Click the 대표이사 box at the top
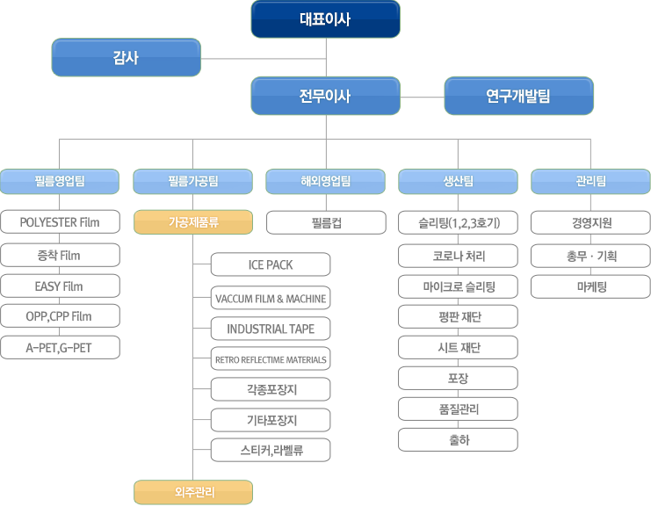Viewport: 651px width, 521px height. coord(325,19)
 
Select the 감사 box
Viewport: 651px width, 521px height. coord(126,58)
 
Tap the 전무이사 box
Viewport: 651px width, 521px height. coord(325,96)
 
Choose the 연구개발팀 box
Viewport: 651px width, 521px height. coord(518,96)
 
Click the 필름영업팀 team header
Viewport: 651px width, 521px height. coord(60,182)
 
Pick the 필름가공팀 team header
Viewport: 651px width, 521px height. coord(192,182)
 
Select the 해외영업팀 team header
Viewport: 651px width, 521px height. coord(325,182)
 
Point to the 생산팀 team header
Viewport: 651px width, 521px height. coord(458,182)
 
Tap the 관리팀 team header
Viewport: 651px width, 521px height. coord(590,182)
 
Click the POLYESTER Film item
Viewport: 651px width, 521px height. coord(60,222)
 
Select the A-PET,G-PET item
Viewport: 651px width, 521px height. coord(60,348)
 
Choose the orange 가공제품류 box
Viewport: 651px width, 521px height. coord(192,222)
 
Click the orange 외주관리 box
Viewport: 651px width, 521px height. coord(192,492)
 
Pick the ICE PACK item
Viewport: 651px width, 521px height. coord(271,264)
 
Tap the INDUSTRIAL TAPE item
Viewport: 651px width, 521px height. coord(271,329)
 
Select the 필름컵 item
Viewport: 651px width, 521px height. coord(325,222)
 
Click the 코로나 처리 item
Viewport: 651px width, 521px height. coord(458,256)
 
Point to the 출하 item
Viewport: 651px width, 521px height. coord(458,439)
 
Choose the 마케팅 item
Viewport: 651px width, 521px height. coord(590,286)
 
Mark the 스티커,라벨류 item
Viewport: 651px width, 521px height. coord(271,450)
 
